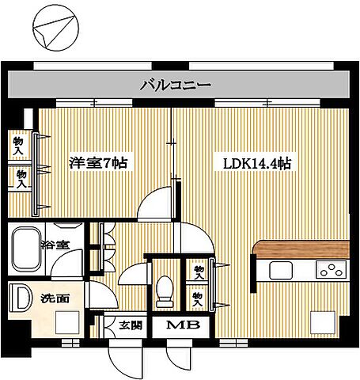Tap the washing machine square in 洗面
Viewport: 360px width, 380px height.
click(x=68, y=323)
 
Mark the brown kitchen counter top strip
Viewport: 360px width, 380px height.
click(x=300, y=249)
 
